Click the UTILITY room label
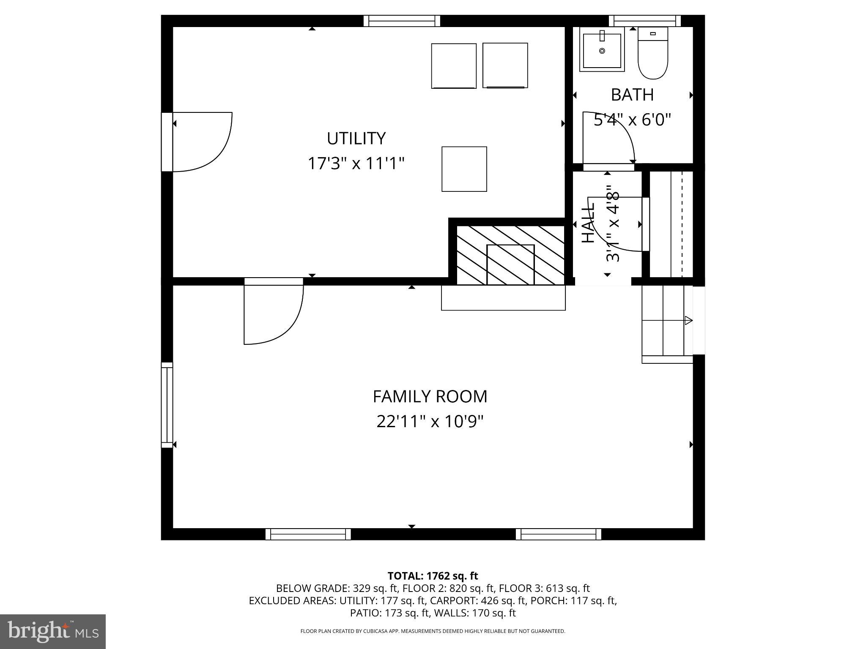click(x=356, y=139)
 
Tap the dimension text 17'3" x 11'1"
click(x=356, y=164)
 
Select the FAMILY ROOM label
click(x=430, y=397)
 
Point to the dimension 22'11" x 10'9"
click(x=430, y=421)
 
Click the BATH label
click(x=632, y=95)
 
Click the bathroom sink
click(x=602, y=50)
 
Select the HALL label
click(x=588, y=223)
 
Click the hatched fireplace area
click(x=510, y=255)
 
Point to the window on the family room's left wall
click(x=167, y=405)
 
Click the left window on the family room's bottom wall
click(x=308, y=534)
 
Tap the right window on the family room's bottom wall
click(x=558, y=534)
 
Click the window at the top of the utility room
click(x=402, y=21)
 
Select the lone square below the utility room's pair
click(x=464, y=169)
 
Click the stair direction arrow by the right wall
click(x=688, y=321)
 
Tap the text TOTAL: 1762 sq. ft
click(x=433, y=576)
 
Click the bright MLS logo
click(x=53, y=632)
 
